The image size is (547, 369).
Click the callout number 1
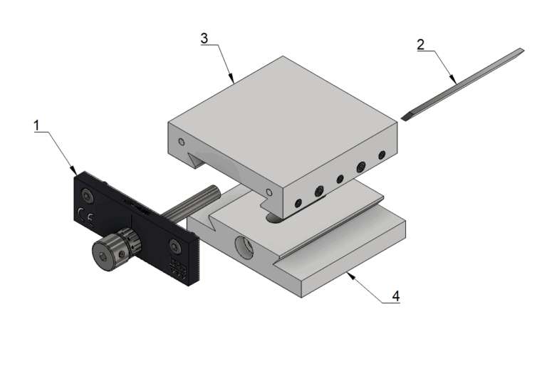click(x=37, y=125)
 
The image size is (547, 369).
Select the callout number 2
click(x=421, y=45)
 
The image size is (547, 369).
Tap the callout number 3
click(x=204, y=38)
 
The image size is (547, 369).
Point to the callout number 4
click(x=395, y=296)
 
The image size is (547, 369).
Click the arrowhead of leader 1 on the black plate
click(x=74, y=171)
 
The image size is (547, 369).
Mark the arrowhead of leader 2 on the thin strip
click(x=453, y=80)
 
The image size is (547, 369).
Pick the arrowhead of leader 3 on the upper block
click(x=231, y=78)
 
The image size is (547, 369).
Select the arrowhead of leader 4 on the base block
click(x=350, y=276)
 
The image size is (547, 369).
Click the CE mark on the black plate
click(x=85, y=217)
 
